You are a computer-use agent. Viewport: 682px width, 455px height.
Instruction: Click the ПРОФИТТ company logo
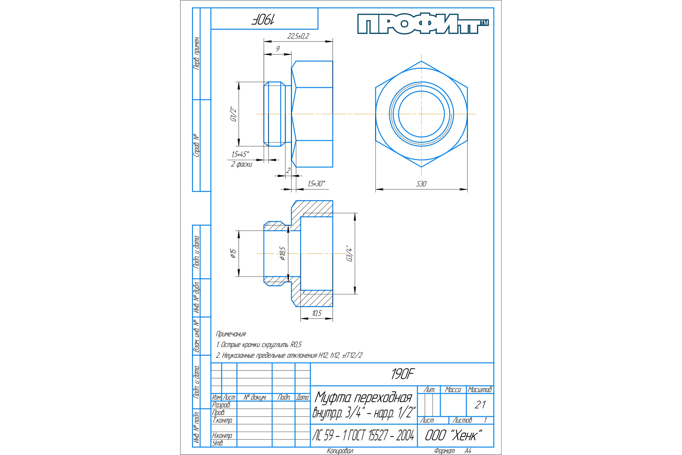click(x=423, y=24)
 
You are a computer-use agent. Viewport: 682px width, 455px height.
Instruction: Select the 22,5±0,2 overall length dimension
click(x=298, y=36)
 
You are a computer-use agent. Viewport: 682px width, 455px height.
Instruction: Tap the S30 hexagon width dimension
click(x=421, y=184)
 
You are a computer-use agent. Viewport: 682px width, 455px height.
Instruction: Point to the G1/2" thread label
click(x=233, y=114)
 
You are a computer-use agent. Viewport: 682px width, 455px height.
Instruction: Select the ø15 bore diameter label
click(x=233, y=253)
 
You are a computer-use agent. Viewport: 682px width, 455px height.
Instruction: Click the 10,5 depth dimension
click(x=317, y=313)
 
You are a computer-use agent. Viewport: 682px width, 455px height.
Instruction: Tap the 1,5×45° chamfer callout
click(x=240, y=154)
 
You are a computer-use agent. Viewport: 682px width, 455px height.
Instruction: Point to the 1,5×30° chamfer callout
click(x=316, y=183)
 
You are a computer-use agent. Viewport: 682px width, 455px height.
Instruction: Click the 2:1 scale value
click(x=480, y=404)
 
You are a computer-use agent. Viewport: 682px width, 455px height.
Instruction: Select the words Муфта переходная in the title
click(x=363, y=397)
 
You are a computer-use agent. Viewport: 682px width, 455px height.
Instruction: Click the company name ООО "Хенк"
click(x=453, y=435)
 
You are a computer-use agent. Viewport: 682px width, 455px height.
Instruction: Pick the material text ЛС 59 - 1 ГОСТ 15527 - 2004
click(x=363, y=435)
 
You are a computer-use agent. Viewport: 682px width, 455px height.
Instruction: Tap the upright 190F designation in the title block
click(x=402, y=374)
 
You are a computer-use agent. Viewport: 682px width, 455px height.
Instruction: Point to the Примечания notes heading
click(x=231, y=334)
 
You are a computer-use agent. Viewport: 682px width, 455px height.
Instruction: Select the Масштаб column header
click(x=480, y=389)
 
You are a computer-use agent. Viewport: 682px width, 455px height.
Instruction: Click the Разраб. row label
click(x=221, y=405)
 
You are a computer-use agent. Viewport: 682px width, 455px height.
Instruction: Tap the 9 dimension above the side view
click(x=278, y=48)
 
